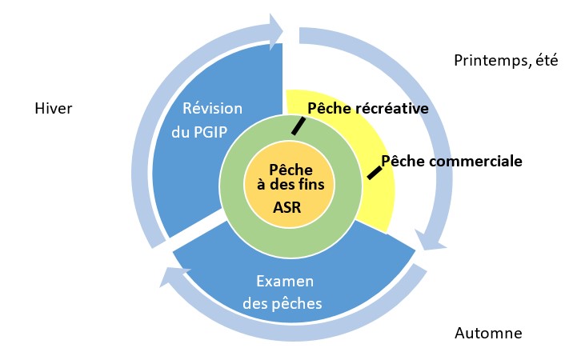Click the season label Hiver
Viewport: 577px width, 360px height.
54,108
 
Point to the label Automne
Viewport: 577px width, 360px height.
488,333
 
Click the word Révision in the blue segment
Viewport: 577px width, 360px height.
213,109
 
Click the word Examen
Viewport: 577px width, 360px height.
285,282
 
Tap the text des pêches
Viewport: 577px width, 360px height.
285,303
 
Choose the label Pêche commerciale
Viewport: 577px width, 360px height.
451,161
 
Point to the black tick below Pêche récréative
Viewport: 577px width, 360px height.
298,126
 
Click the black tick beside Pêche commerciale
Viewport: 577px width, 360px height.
374,172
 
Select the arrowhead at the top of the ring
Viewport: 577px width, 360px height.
276,30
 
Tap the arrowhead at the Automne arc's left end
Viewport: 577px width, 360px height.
170,276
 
